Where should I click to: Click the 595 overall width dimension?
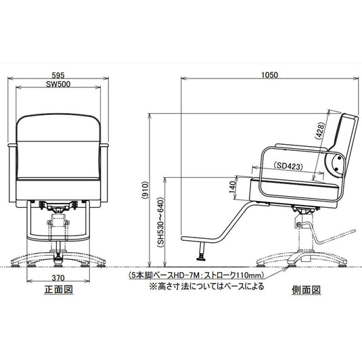(58, 75)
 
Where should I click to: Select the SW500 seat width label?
(58, 84)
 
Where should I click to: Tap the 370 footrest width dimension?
(58, 277)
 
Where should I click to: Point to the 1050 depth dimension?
(270, 75)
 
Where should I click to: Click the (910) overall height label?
(145, 189)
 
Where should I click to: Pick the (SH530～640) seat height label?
(160, 223)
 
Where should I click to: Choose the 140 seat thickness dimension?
(232, 187)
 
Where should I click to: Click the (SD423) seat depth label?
(288, 166)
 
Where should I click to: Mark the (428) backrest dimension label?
(320, 131)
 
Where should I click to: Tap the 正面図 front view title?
(59, 290)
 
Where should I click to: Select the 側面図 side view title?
(306, 290)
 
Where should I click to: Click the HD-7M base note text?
(196, 275)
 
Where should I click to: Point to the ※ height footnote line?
(206, 286)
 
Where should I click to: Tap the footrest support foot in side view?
(202, 252)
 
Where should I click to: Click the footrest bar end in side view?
(184, 238)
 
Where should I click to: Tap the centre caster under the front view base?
(58, 261)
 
